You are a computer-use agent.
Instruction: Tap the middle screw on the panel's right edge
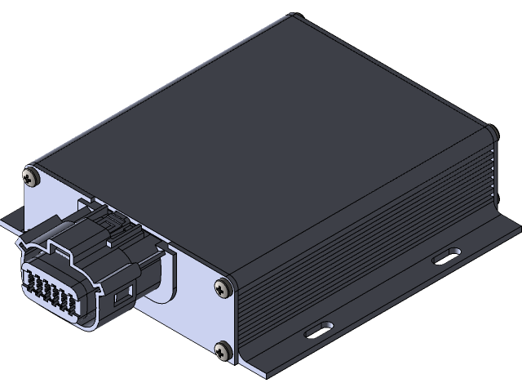click(223, 287)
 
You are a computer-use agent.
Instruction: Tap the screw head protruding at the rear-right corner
click(493, 131)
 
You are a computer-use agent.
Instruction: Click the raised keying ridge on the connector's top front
click(61, 245)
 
